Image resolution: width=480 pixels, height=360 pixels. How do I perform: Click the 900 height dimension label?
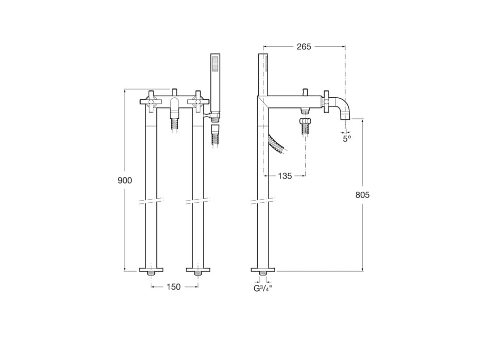[x=125, y=181]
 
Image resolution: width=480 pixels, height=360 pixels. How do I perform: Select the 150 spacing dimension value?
[x=174, y=287]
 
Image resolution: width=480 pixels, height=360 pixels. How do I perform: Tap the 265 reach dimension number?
[x=304, y=47]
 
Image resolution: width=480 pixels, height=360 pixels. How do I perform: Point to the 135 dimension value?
[x=285, y=176]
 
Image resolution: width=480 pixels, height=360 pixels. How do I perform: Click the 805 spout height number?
[x=362, y=195]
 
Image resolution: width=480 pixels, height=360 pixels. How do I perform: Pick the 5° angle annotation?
[x=347, y=137]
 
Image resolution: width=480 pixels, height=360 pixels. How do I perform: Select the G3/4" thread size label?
[x=262, y=288]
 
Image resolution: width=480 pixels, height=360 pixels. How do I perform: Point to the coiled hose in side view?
[x=278, y=143]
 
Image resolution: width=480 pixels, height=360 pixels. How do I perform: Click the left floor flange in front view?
[x=151, y=269]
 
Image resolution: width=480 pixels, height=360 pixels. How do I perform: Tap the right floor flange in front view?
[x=198, y=269]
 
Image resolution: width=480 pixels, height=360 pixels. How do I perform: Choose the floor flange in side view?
[x=263, y=269]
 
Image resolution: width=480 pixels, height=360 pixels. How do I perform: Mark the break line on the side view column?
[x=262, y=201]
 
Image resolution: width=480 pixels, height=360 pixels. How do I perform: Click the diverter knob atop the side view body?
[x=305, y=93]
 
